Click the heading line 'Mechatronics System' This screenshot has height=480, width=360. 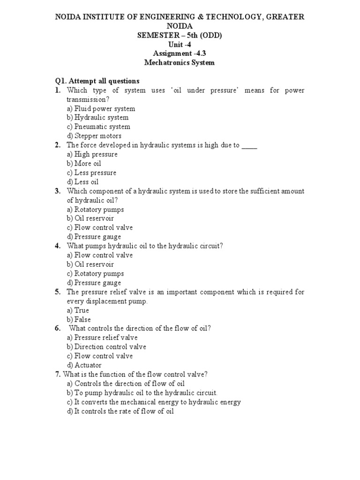180,62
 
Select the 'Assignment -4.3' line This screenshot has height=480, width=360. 180,53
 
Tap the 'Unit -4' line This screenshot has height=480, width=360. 180,45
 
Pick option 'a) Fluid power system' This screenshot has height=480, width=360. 101,109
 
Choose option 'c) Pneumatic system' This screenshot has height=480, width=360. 98,127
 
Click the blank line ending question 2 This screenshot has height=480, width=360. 250,146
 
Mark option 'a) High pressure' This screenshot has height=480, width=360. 92,154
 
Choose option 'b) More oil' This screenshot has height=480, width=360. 84,164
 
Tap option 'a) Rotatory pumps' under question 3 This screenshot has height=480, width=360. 95,210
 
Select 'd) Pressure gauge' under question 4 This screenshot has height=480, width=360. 94,283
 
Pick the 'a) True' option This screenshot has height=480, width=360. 78,310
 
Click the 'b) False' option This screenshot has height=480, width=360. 79,320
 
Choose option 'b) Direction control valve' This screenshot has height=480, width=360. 106,347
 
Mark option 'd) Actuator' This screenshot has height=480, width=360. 84,365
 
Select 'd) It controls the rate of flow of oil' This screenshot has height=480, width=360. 120,411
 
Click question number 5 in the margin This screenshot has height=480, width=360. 58,292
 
